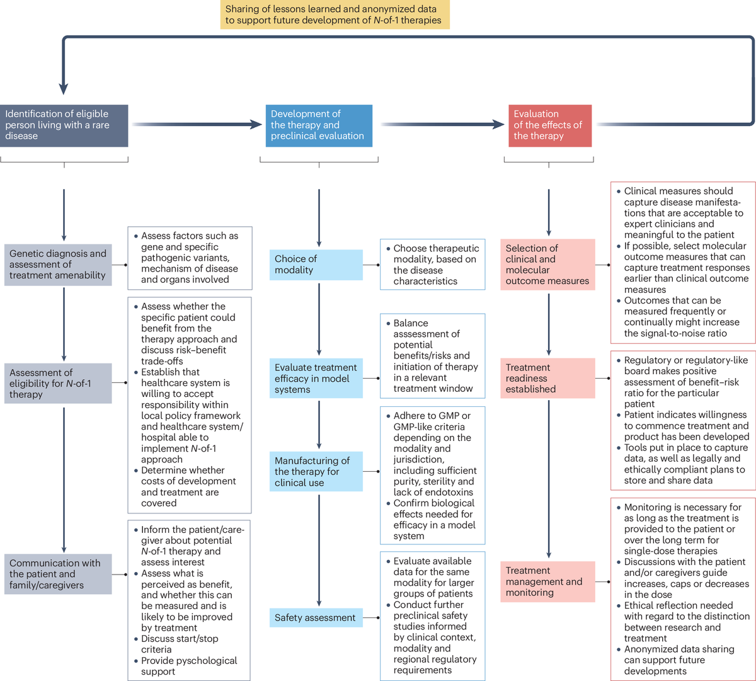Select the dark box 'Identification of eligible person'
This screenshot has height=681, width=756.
click(64, 125)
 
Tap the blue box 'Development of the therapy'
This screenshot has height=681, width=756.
click(319, 125)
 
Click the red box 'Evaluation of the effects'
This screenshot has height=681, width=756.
click(549, 125)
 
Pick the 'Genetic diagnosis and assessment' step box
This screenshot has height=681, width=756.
click(58, 265)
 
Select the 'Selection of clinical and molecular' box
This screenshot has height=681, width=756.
click(548, 265)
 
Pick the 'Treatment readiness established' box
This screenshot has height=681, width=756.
click(548, 378)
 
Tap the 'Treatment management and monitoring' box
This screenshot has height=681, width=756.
click(548, 581)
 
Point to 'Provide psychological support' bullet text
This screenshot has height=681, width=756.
click(189, 666)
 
